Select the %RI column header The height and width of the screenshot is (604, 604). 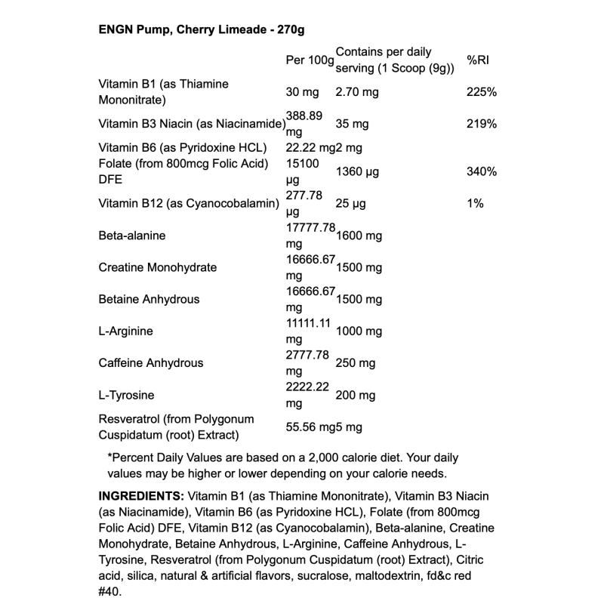[479, 60]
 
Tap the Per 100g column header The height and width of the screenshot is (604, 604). [310, 60]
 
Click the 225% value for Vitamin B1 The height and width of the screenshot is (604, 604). [482, 92]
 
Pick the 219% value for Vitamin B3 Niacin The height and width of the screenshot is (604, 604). [482, 124]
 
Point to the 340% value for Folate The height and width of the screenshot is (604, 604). [482, 171]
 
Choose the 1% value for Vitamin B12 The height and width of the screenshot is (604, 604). [476, 203]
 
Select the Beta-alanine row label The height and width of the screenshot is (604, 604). [132, 236]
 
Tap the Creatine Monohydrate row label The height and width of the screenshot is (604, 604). [158, 267]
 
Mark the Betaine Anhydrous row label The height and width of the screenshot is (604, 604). [149, 299]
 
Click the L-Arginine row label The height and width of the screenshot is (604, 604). [126, 331]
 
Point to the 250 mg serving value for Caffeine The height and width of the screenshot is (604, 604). [356, 363]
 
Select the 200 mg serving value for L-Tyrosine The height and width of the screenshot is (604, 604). [356, 395]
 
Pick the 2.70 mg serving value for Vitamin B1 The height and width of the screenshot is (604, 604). [357, 92]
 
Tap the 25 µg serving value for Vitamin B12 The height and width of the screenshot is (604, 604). [351, 203]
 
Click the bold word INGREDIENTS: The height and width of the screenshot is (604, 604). [141, 495]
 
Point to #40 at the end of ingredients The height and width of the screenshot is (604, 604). [111, 593]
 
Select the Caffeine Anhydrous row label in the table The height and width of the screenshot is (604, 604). [151, 363]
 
